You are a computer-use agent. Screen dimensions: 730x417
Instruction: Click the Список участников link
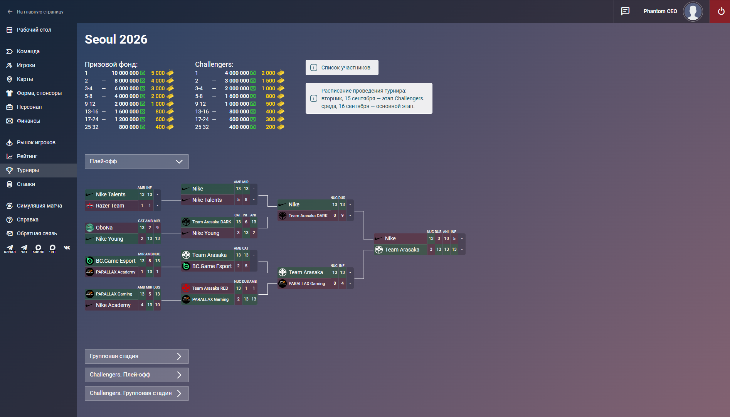click(x=346, y=68)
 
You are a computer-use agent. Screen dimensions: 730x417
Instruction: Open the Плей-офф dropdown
click(x=137, y=162)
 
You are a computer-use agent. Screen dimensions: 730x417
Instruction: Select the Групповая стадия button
click(x=137, y=356)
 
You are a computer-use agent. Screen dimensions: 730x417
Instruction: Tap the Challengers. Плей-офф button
click(x=137, y=375)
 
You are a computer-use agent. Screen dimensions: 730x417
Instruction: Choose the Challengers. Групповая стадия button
click(x=137, y=393)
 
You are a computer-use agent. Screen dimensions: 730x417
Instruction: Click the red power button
click(x=720, y=12)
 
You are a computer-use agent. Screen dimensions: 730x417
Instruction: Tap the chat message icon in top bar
click(x=625, y=11)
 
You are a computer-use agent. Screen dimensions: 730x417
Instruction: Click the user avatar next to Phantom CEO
click(x=693, y=12)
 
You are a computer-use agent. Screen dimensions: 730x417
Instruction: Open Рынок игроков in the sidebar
click(x=36, y=142)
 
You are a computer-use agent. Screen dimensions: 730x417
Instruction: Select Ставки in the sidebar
click(x=26, y=184)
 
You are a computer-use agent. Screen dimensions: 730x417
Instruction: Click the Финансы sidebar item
click(x=29, y=121)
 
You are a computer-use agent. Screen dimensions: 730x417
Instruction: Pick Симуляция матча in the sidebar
click(x=39, y=206)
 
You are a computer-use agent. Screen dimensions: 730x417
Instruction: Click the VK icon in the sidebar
click(x=67, y=248)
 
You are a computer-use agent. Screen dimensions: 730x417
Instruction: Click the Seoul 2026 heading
click(x=116, y=39)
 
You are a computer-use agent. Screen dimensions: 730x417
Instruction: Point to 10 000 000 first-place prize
click(x=125, y=73)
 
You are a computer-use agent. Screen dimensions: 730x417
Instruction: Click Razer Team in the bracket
click(x=110, y=206)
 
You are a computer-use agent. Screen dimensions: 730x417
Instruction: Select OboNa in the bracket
click(x=104, y=228)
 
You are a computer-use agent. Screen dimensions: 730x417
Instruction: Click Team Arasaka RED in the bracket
click(x=210, y=288)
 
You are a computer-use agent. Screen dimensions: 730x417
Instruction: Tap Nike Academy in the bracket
click(x=113, y=305)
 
